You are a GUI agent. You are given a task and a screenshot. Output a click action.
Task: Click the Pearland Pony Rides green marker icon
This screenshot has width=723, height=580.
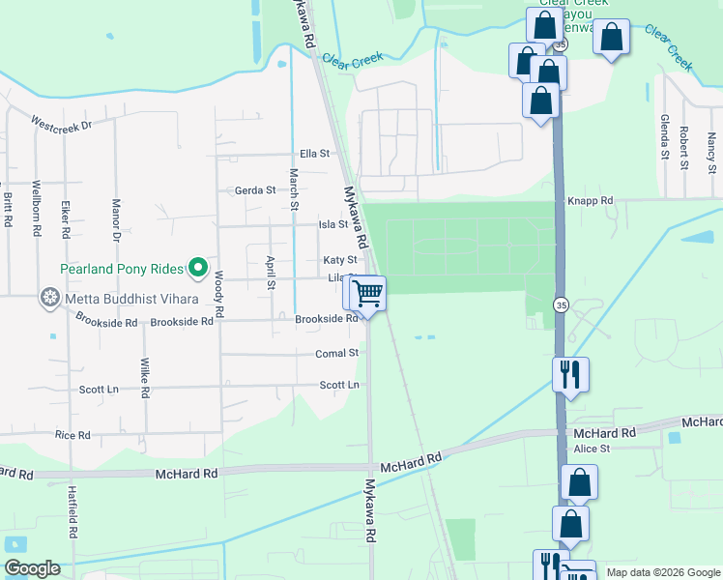tap(199, 267)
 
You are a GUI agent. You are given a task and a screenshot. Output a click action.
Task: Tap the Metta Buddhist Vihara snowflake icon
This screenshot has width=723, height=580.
tap(49, 297)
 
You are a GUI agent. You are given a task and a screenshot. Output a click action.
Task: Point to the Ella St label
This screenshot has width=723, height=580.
tap(315, 154)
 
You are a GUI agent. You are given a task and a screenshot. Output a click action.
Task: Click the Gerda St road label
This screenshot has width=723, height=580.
tap(255, 190)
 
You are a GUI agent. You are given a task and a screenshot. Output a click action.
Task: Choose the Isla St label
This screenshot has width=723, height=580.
tap(333, 224)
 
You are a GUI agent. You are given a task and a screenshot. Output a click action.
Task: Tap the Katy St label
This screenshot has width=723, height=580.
tap(339, 260)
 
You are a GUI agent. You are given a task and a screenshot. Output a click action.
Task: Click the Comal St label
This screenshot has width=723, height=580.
tap(337, 354)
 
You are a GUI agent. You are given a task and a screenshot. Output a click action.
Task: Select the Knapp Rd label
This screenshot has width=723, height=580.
tap(591, 201)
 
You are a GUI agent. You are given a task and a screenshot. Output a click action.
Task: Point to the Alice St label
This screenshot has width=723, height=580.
tap(592, 449)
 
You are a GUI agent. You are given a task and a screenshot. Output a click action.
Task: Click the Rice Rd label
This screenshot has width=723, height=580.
tap(72, 435)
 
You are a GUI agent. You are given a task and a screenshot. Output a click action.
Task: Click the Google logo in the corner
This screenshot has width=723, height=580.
tap(32, 568)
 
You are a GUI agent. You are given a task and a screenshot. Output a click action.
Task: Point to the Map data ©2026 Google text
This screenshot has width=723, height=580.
tap(662, 573)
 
